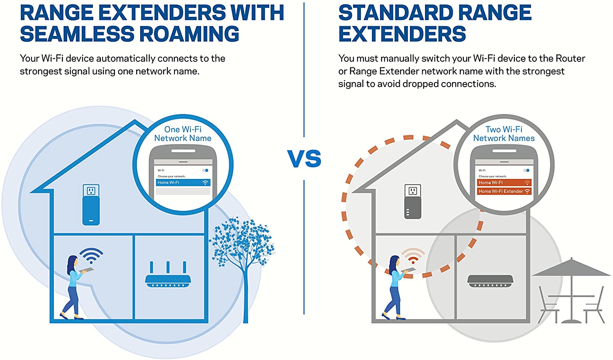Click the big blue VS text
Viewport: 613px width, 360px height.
[304, 159]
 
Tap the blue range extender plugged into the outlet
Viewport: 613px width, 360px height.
[91, 209]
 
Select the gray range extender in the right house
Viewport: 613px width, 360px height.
[412, 207]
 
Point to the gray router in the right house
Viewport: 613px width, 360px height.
[490, 281]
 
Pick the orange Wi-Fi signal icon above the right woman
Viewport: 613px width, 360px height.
[413, 255]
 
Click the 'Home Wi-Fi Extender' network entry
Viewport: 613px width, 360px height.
[504, 191]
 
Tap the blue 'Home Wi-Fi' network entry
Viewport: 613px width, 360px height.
[183, 183]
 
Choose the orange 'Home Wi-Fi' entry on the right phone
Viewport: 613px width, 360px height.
[504, 183]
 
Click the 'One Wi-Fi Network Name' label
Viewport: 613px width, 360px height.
[183, 134]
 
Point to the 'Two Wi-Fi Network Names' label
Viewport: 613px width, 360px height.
[504, 134]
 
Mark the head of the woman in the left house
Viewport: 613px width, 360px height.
[72, 261]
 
